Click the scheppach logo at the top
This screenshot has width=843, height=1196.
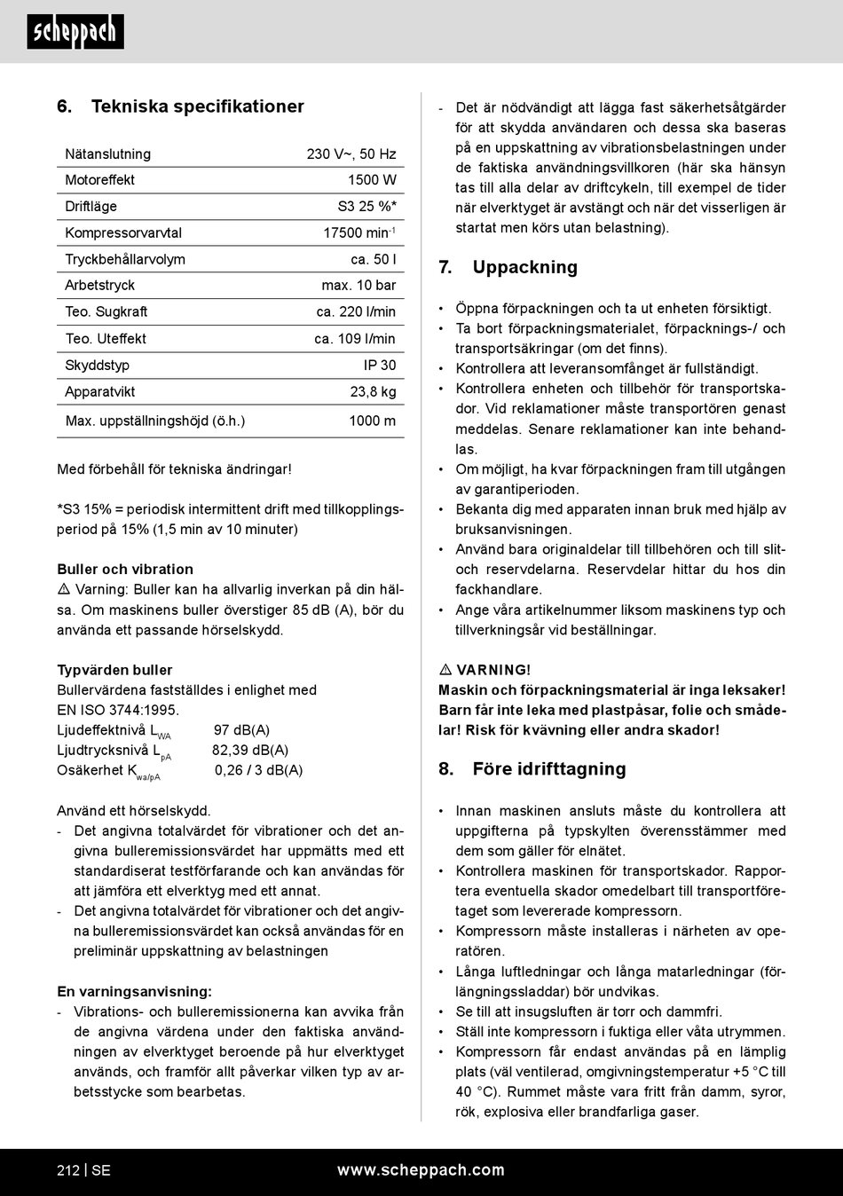(x=75, y=32)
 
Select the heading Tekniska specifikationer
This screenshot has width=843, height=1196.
(x=197, y=106)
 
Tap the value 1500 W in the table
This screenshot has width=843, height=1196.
(x=372, y=180)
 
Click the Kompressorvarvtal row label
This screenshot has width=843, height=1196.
(x=123, y=233)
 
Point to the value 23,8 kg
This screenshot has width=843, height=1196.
(x=373, y=392)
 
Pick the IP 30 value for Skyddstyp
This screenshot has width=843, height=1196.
(x=380, y=366)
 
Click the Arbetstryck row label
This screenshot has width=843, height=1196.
(x=100, y=286)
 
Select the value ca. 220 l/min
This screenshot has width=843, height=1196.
(x=356, y=312)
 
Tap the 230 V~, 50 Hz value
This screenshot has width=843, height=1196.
(x=351, y=154)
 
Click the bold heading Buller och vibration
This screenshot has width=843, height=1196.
(x=125, y=570)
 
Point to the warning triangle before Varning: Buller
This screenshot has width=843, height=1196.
(x=64, y=590)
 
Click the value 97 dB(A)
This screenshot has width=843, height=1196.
(x=241, y=730)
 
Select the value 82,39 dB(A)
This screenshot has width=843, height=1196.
(x=250, y=751)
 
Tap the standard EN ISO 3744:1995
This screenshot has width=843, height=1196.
(x=118, y=710)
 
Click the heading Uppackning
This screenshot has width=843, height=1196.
(x=524, y=268)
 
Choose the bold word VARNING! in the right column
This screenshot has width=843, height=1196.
(x=493, y=670)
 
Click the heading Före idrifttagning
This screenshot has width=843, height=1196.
(x=548, y=769)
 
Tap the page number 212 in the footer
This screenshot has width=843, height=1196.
(x=68, y=1170)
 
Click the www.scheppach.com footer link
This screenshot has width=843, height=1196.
(x=421, y=1170)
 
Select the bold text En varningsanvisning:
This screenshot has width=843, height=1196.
(x=134, y=992)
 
